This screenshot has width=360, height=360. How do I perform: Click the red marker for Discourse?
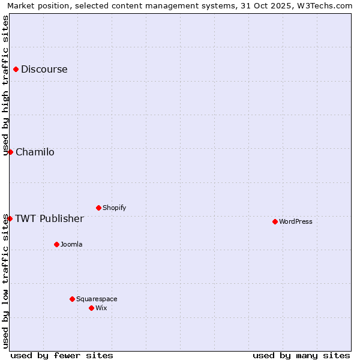click(x=16, y=70)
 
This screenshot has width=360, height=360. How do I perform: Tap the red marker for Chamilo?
click(x=10, y=152)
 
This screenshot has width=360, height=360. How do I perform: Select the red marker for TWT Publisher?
click(x=10, y=218)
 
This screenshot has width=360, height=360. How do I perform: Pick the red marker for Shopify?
click(x=98, y=208)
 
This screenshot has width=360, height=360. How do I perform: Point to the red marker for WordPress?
click(x=275, y=222)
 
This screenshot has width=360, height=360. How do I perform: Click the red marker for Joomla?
click(x=56, y=245)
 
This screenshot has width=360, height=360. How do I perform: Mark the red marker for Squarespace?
click(x=72, y=299)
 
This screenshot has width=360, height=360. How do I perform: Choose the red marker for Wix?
click(x=91, y=308)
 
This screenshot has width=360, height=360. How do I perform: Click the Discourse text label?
click(x=44, y=70)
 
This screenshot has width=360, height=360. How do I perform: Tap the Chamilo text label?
click(x=35, y=152)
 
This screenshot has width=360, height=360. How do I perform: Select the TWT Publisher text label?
click(x=49, y=218)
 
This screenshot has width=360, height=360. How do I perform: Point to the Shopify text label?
click(x=114, y=208)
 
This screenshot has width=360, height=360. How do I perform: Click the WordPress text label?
click(x=295, y=222)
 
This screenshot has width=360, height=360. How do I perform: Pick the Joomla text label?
click(x=71, y=245)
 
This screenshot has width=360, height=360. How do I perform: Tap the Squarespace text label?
click(x=97, y=299)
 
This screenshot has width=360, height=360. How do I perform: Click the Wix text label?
click(x=101, y=308)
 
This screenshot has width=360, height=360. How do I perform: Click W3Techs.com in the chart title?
click(x=326, y=6)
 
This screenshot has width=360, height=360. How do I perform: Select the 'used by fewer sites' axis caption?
click(x=62, y=355)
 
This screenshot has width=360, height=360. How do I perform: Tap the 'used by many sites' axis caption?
click(x=301, y=355)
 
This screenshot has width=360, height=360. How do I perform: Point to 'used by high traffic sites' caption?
click(x=6, y=85)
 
